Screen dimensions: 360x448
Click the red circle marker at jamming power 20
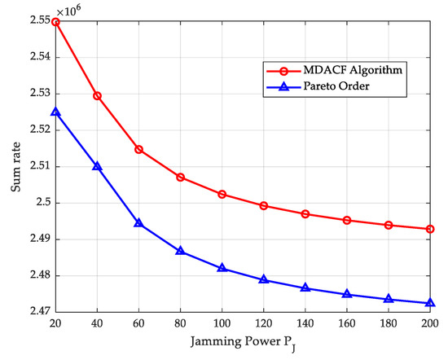[55, 22]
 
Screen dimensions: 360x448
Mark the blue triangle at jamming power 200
[430, 303]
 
